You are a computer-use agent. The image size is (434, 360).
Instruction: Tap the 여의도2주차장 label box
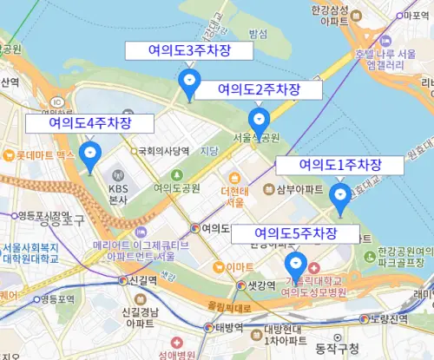coord(258,89)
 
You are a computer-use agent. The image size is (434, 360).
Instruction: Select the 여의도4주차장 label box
coord(90,122)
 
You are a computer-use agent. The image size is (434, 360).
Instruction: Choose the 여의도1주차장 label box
coord(340,166)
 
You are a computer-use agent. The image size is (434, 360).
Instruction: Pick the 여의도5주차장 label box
coord(295,232)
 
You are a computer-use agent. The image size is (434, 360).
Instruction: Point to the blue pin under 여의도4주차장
coord(90,154)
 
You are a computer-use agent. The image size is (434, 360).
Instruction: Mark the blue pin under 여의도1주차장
coord(340,197)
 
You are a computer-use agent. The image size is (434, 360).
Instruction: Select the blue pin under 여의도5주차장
coord(295,263)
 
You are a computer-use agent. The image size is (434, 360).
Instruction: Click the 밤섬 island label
coord(258,34)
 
